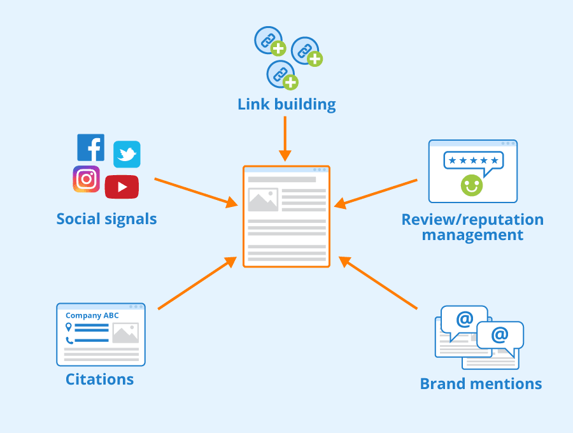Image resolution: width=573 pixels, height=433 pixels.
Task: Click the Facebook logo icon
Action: click(x=91, y=148)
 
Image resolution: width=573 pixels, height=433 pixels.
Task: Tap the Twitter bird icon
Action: click(x=127, y=155)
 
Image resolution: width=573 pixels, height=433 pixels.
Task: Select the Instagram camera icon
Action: click(x=87, y=179)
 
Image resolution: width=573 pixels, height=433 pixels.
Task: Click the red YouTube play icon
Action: click(x=122, y=187)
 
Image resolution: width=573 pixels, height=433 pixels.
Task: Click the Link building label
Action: click(x=286, y=104)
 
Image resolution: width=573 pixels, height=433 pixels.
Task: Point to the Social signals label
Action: click(x=106, y=219)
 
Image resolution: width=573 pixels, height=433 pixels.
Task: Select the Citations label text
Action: click(x=100, y=380)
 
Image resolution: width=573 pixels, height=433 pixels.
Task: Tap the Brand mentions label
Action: click(x=481, y=384)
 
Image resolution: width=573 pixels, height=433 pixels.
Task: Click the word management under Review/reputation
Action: click(x=472, y=235)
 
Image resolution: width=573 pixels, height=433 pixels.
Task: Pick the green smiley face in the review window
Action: click(x=472, y=185)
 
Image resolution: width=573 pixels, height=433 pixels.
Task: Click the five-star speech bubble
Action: click(x=473, y=161)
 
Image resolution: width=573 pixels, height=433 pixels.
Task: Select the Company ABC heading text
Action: click(x=92, y=315)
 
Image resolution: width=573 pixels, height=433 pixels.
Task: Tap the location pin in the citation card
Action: click(x=68, y=327)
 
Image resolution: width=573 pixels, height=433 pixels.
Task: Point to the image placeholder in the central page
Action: click(x=263, y=200)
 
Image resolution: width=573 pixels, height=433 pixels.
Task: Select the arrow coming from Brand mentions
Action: click(x=378, y=283)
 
